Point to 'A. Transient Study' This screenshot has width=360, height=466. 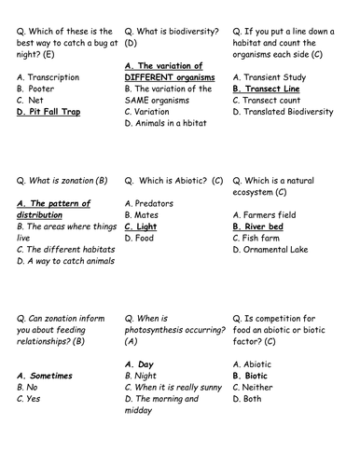(273, 77)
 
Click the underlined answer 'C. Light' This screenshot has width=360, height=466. (141, 226)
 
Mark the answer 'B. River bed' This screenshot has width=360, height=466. (265, 226)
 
